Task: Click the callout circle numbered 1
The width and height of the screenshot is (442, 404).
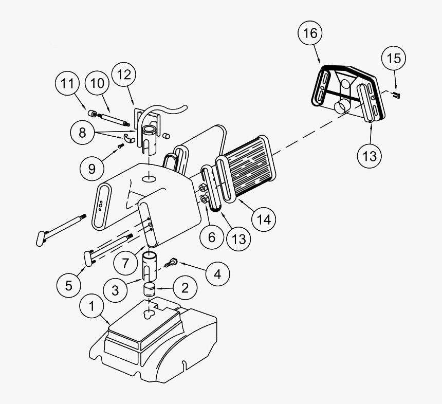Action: pyautogui.click(x=92, y=307)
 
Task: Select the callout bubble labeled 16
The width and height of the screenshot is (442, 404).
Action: pyautogui.click(x=311, y=33)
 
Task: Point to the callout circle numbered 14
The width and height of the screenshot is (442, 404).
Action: pyautogui.click(x=264, y=219)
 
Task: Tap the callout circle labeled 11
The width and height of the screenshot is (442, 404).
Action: pyautogui.click(x=68, y=85)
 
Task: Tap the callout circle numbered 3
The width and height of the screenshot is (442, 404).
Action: pyautogui.click(x=116, y=290)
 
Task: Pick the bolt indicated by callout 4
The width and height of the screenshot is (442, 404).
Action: pyautogui.click(x=172, y=263)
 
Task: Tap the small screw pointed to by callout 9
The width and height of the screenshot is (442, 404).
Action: pyautogui.click(x=121, y=146)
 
